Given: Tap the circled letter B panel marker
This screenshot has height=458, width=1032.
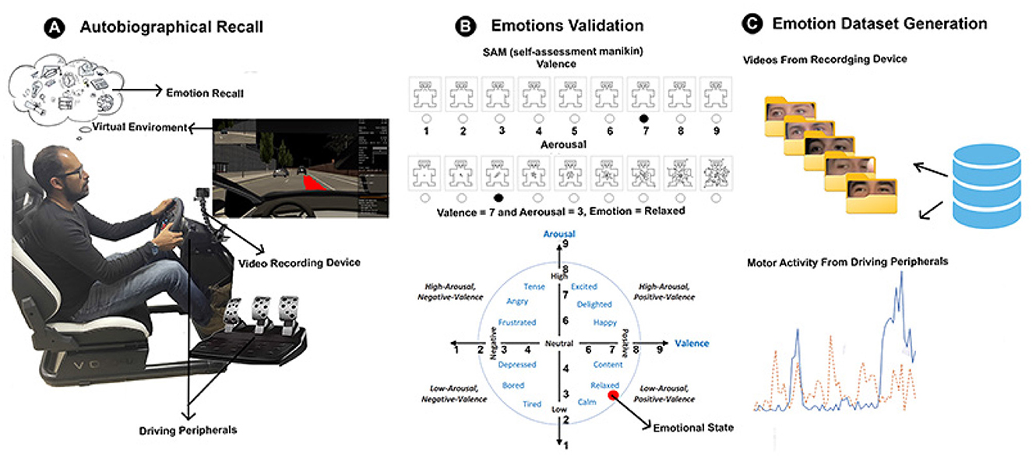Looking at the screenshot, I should click(x=466, y=25).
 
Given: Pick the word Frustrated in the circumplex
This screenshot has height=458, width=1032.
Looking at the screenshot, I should click(x=516, y=322).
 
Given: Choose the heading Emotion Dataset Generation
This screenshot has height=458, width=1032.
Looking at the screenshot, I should click(x=879, y=24).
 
